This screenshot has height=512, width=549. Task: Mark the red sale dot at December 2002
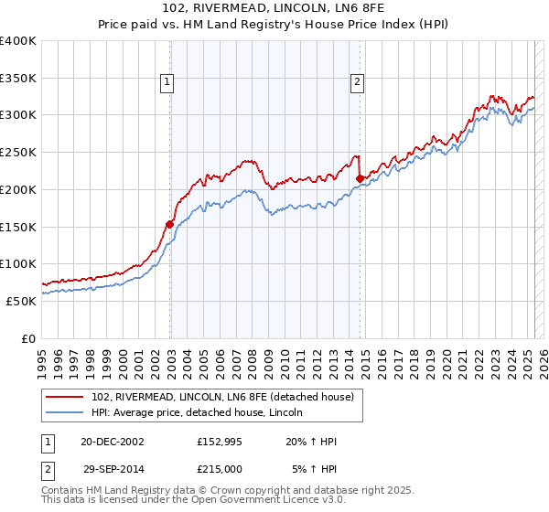click(x=170, y=224)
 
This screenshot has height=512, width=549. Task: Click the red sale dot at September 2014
click(x=361, y=178)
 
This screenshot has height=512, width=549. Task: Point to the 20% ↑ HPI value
click(x=311, y=443)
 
